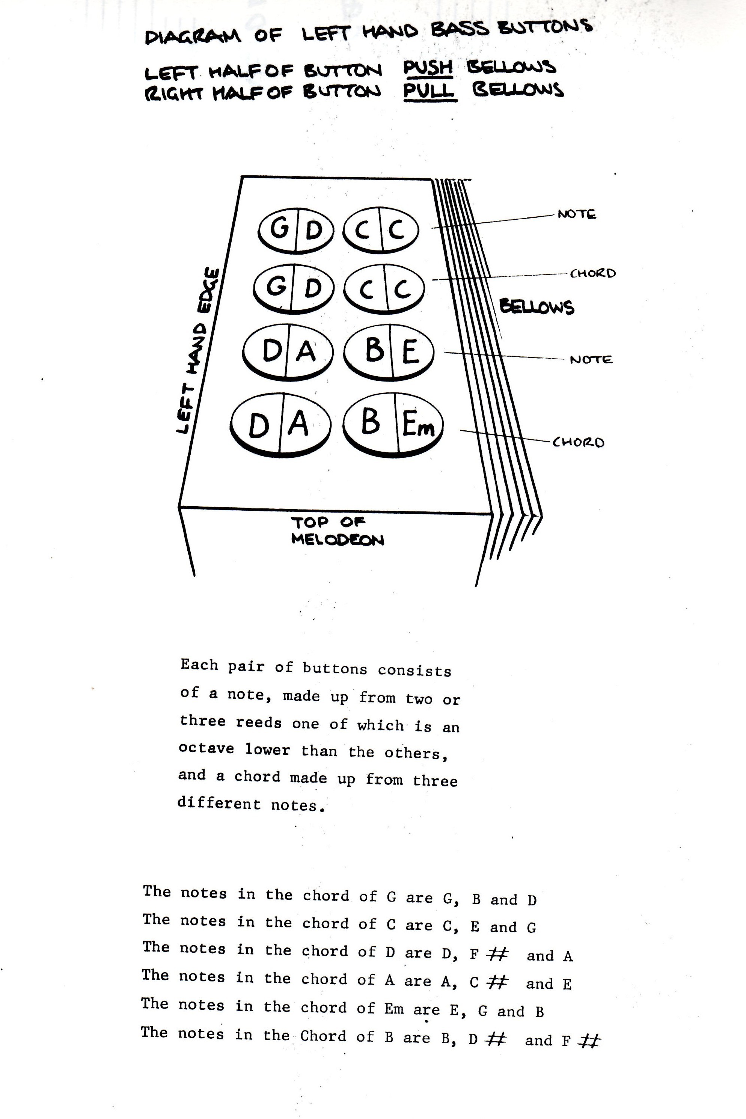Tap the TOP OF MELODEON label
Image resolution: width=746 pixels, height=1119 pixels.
[x=337, y=531]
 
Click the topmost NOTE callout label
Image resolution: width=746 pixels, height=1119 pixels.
[x=577, y=214]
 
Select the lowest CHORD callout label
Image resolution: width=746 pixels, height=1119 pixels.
[x=578, y=442]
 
